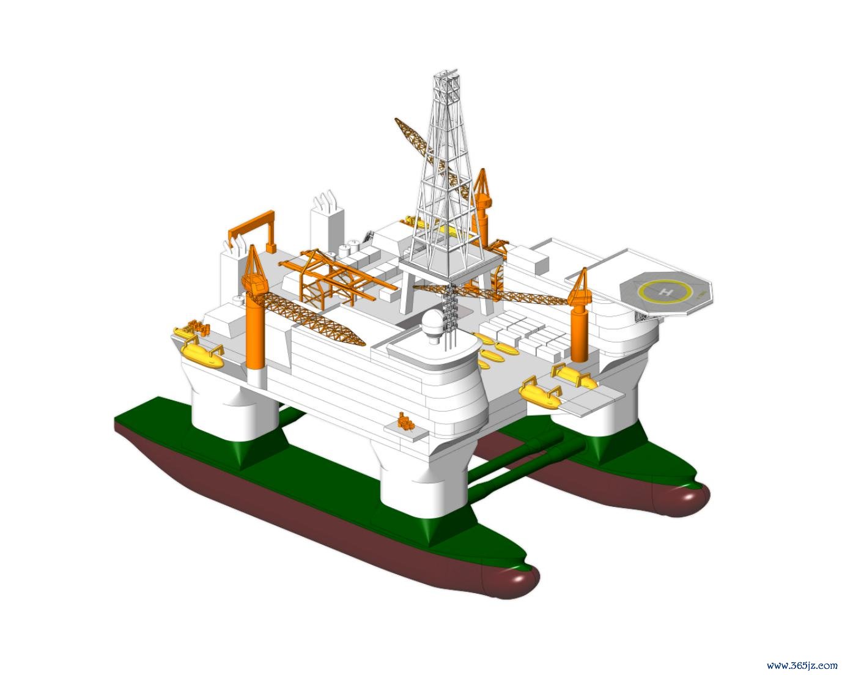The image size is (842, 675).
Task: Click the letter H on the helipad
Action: click(665, 292)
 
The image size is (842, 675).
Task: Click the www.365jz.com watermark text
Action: click(802, 665)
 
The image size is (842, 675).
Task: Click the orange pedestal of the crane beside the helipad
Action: click(580, 333)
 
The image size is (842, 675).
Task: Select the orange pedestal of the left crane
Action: click(255, 332)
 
